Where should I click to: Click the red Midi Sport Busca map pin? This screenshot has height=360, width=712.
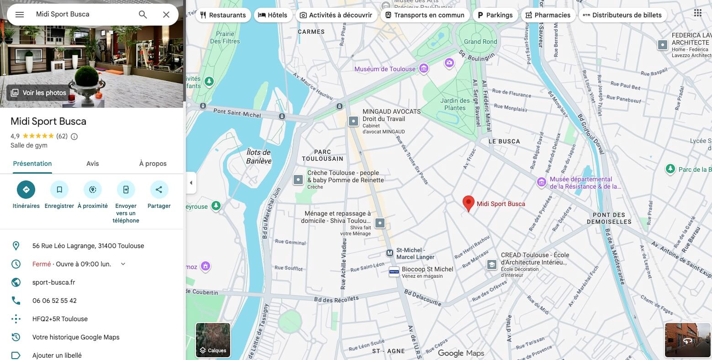coord(468,203)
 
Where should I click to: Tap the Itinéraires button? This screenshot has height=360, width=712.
coord(26,190)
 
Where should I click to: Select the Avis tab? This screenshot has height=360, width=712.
coord(93,164)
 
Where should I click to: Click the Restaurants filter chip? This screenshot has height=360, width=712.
coord(223,15)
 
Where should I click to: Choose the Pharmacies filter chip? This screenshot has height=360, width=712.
coord(548,15)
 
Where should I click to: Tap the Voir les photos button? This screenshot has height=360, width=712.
coord(39,93)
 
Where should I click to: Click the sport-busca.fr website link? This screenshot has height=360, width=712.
coord(54,282)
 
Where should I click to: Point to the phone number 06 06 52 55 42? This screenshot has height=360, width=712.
coord(54,301)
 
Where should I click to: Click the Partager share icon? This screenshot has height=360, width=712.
coord(159,190)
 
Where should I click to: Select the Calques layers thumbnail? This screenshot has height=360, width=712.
coord(213,340)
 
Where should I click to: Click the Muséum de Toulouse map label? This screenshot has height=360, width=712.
coord(385,69)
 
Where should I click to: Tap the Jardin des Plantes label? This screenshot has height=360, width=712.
coord(455,104)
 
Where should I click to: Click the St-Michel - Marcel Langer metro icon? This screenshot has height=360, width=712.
coord(390,253)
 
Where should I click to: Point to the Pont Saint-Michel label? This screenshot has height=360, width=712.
coord(237,112)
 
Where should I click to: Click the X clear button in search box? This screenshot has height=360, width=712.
coord(166,15)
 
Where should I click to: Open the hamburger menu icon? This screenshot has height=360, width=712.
coord(20,15)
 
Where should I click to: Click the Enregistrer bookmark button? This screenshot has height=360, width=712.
coord(59,190)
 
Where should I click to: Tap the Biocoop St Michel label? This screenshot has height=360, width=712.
coord(427,269)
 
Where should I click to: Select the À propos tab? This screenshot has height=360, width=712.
coord(153,164)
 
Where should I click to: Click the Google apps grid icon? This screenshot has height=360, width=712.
coord(697,13)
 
